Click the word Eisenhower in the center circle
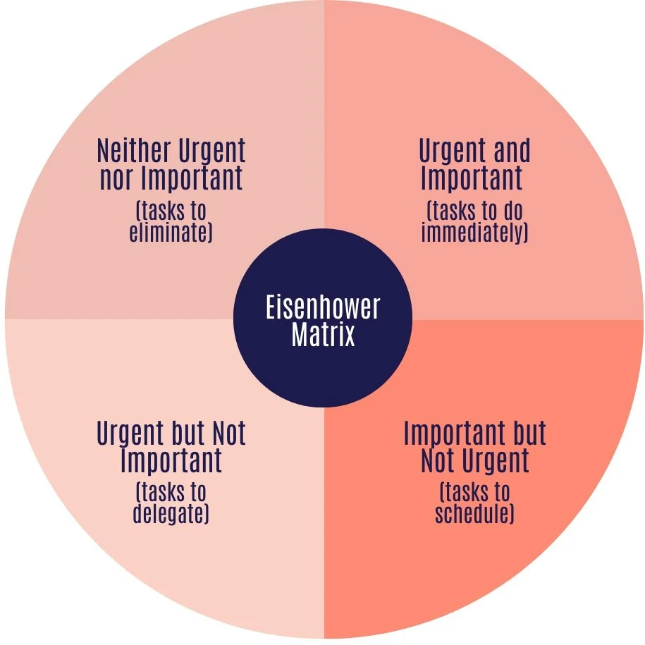[x=323, y=308]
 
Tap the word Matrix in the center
[x=323, y=336]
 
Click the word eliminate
[x=171, y=233]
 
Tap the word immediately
[x=474, y=233]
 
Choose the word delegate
[x=171, y=514]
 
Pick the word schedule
[x=474, y=514]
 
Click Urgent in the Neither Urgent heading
[x=210, y=151]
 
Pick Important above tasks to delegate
[x=171, y=461]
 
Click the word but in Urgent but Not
[x=187, y=433]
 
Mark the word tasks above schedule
[x=474, y=493]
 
